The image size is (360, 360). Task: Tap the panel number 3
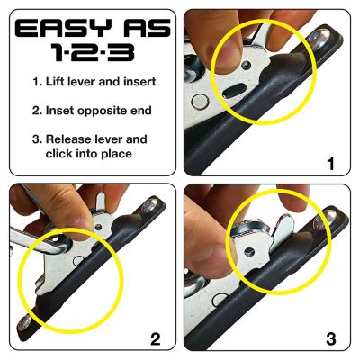(x=331, y=338)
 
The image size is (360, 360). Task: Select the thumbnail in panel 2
(x=70, y=216)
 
